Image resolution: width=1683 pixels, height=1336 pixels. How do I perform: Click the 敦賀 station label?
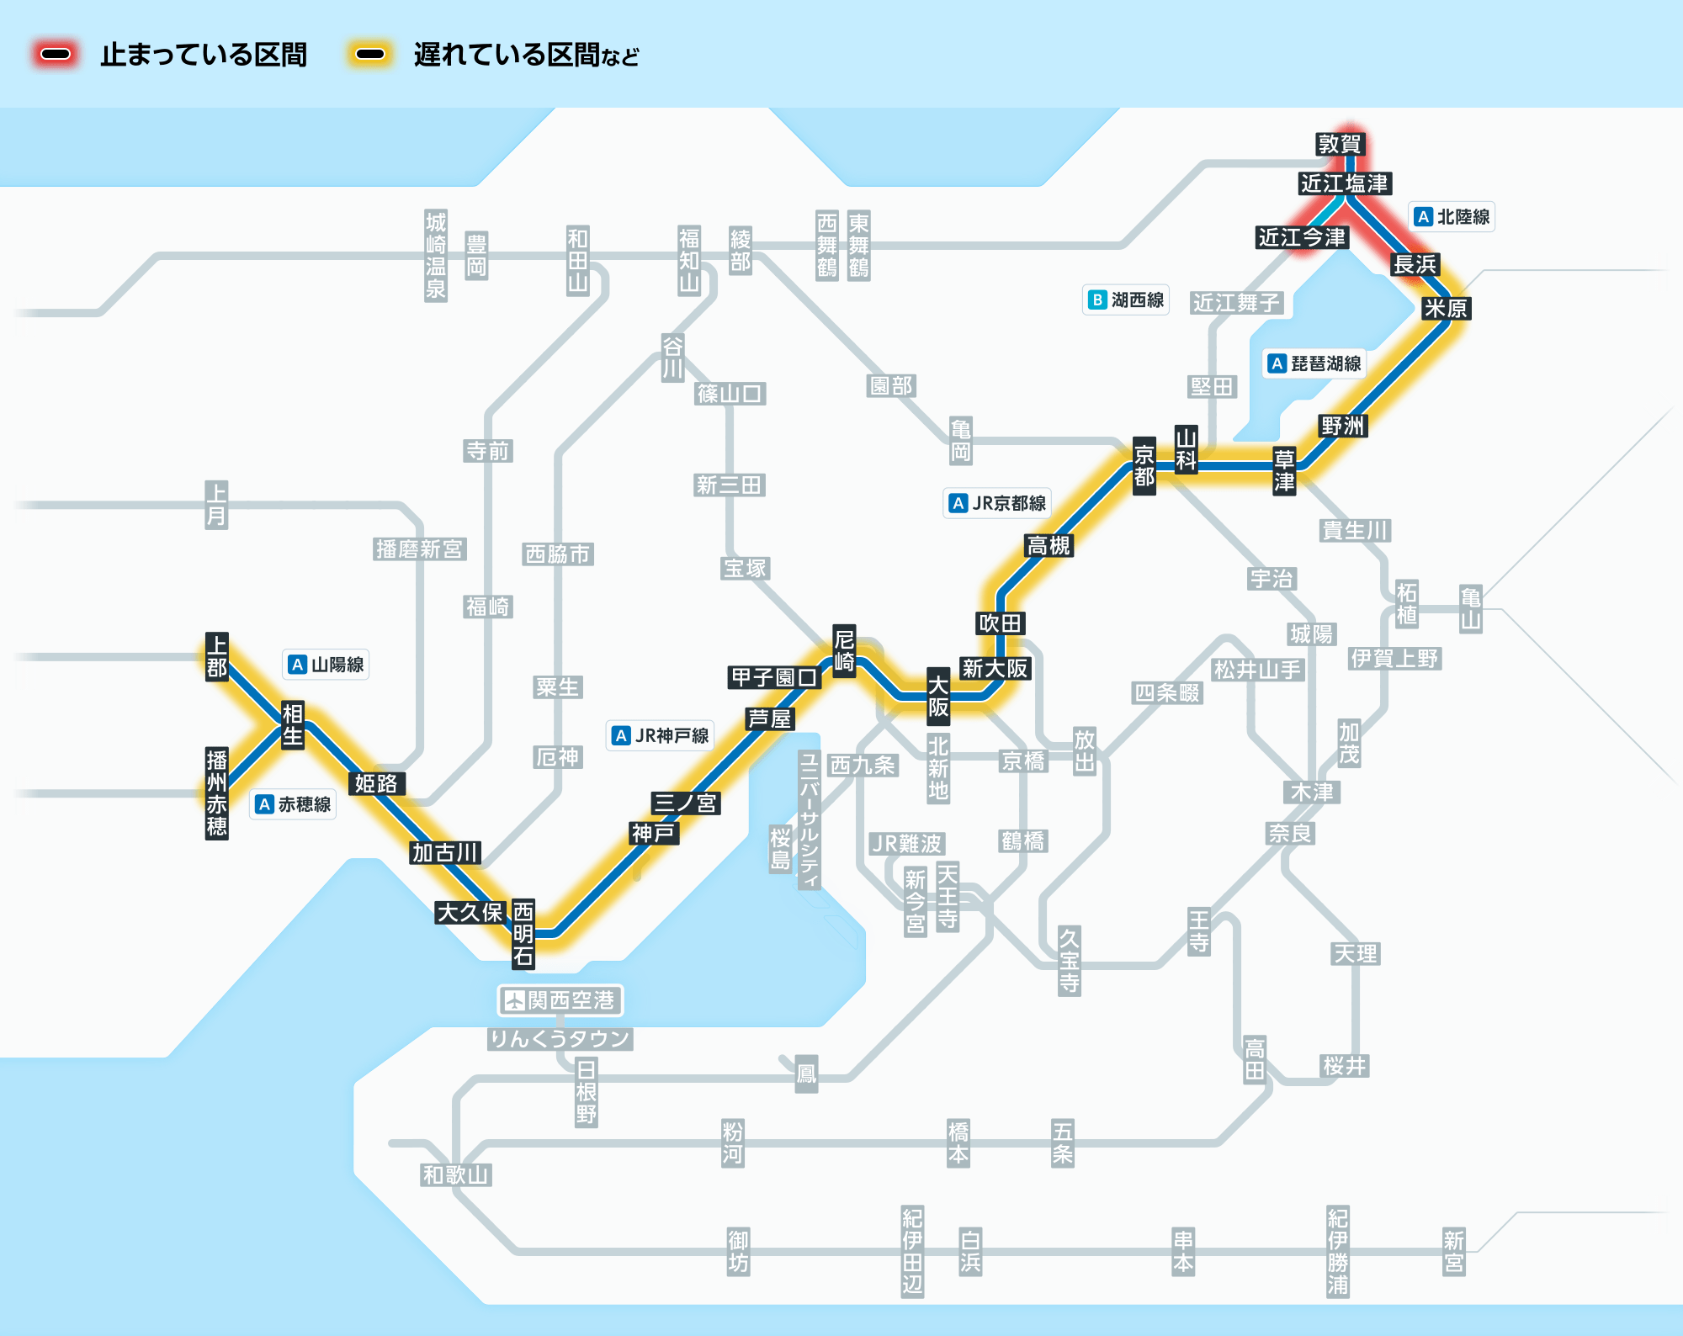(1339, 144)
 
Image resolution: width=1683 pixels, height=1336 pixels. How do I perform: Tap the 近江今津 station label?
(1302, 237)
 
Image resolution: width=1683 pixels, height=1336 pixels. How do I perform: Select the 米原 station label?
(1446, 308)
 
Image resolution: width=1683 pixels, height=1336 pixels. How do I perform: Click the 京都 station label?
(1144, 466)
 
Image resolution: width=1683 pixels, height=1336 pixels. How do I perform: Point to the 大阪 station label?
(938, 696)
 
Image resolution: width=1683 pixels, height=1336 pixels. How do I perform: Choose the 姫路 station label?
(376, 783)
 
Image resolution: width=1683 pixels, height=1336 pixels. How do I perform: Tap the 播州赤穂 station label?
(216, 793)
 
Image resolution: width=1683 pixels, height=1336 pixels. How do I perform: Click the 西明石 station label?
(523, 933)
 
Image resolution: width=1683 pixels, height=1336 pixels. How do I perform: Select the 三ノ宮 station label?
(685, 803)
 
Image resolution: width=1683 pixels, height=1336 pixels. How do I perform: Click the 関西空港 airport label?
(560, 1000)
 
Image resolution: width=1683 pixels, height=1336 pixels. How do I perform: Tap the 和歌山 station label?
(456, 1174)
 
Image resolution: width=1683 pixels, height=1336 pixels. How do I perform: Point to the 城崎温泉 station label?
(435, 256)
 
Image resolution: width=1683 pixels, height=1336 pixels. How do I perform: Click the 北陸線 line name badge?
(1452, 217)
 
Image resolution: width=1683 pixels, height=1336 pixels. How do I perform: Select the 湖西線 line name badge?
(1126, 300)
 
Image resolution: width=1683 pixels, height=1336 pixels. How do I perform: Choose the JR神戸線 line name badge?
(661, 735)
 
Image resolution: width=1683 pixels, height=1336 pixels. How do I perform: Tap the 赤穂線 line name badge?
(294, 804)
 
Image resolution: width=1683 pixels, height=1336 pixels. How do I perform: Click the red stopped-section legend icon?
(56, 55)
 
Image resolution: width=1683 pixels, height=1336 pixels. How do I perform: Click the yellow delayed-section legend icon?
(369, 55)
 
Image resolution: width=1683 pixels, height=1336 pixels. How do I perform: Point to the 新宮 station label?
(1453, 1251)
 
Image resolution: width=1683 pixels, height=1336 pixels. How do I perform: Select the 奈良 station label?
(1290, 833)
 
